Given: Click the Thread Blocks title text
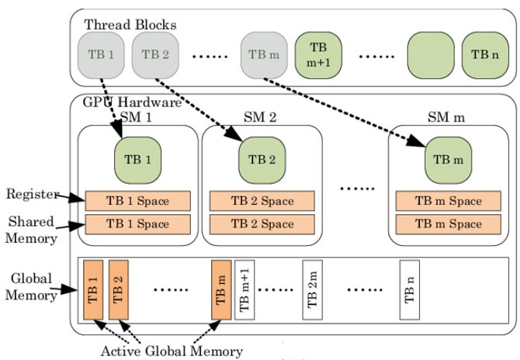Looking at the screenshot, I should click(x=130, y=25).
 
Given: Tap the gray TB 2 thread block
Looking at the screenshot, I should click(x=155, y=54).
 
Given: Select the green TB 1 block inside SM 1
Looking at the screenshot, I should click(x=137, y=161).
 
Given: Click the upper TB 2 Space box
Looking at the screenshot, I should click(x=262, y=201).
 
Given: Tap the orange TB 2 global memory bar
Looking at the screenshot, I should click(x=118, y=290).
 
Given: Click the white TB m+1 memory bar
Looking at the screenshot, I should click(x=244, y=290).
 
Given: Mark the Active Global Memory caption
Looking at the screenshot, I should click(x=172, y=350).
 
